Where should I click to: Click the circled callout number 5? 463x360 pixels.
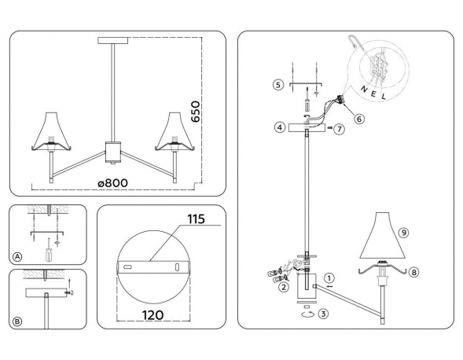point(277,84)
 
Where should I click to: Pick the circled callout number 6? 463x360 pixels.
point(358,119)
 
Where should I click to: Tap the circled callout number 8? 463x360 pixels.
point(414,273)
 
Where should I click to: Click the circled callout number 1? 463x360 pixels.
point(330,277)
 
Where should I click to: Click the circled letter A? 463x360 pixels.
point(17,255)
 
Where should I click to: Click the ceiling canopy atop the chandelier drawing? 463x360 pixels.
point(115,40)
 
